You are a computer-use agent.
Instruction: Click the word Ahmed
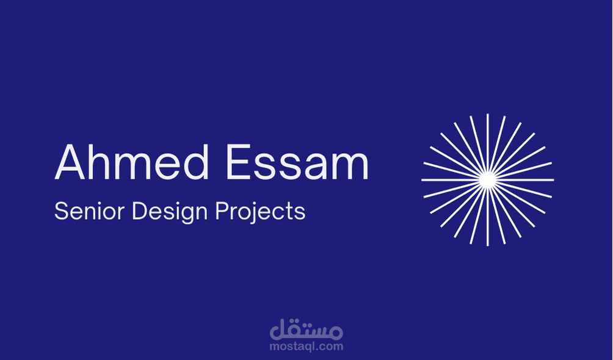(x=132, y=162)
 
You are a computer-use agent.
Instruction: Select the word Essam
(x=297, y=162)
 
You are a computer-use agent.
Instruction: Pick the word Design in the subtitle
(x=170, y=212)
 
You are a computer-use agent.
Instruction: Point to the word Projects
(x=260, y=212)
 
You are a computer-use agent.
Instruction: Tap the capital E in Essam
(x=239, y=162)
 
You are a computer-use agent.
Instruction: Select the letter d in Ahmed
(x=195, y=162)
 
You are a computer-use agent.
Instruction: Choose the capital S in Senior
(x=62, y=211)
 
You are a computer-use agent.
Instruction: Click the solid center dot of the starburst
(x=487, y=180)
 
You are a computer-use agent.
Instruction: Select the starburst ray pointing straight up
(x=487, y=143)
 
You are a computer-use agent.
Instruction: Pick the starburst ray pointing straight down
(x=487, y=217)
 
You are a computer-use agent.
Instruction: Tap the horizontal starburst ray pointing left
(x=451, y=180)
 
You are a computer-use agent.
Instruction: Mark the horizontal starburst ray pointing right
(x=524, y=180)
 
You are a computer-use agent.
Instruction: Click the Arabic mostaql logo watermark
(x=306, y=329)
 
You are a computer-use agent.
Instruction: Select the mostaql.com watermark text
(x=306, y=347)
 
